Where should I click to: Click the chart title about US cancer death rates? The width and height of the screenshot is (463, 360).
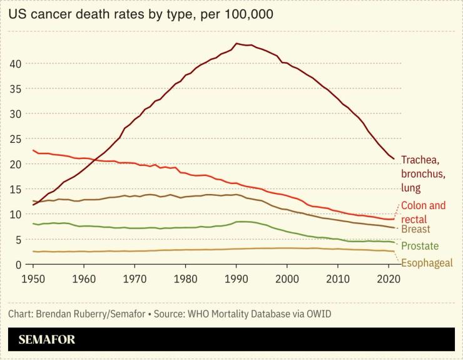tap(141, 14)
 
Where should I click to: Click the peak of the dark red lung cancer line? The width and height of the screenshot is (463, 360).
tap(237, 44)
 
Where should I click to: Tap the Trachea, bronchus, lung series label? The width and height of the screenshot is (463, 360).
tap(424, 173)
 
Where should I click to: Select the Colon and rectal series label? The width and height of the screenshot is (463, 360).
tap(423, 212)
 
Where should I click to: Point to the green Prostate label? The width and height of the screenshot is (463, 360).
tap(420, 246)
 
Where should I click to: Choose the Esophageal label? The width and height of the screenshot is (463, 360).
tap(426, 263)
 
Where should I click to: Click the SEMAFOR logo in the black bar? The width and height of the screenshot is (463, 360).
tap(46, 340)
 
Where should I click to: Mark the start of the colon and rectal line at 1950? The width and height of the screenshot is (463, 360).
tap(33, 150)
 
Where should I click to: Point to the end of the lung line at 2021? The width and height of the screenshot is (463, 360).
tap(394, 158)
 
